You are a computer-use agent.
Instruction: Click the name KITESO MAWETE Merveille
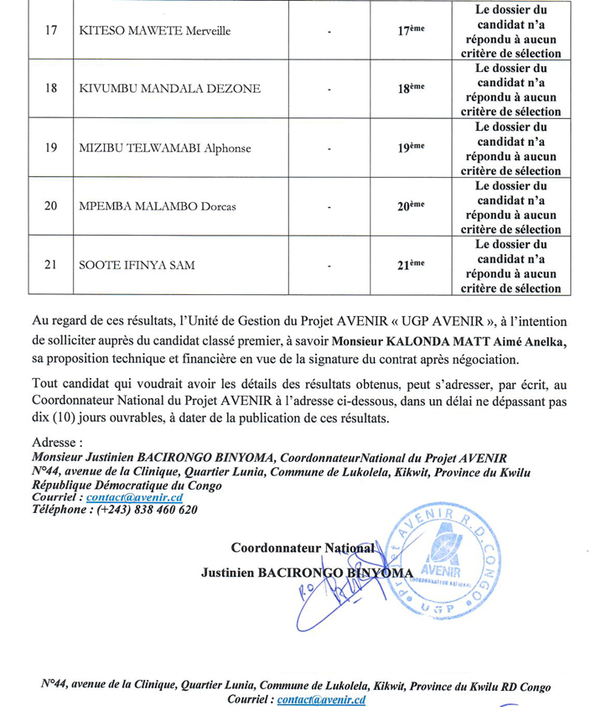(154, 32)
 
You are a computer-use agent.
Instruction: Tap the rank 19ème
(410, 148)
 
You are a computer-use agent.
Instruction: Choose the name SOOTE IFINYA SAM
(137, 266)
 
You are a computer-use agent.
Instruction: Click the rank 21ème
(410, 266)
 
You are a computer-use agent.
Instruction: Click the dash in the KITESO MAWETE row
(329, 33)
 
